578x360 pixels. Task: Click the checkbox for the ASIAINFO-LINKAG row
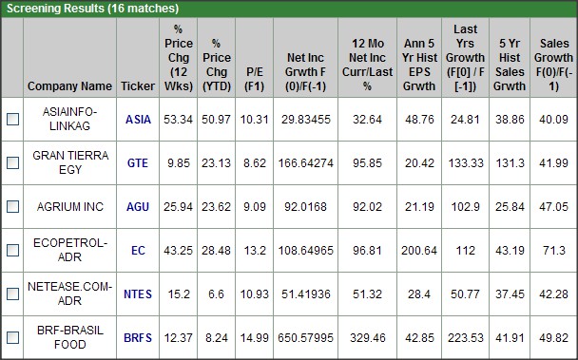click(12, 120)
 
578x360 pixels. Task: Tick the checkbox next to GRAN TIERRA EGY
click(12, 163)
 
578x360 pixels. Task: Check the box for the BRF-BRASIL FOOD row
click(12, 337)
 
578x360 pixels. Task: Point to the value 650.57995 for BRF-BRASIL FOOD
click(304, 337)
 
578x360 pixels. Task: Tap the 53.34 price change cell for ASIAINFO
click(178, 120)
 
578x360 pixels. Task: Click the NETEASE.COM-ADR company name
click(69, 294)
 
